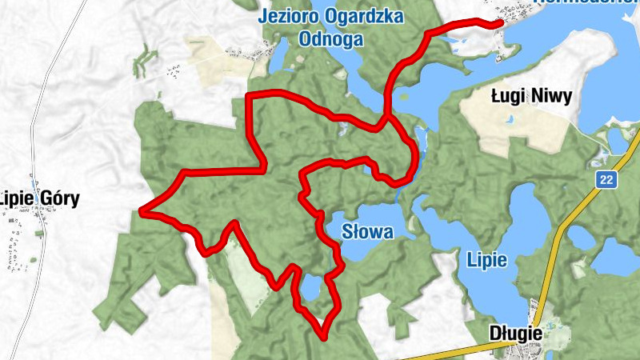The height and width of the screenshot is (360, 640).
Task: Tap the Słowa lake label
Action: tap(367, 233)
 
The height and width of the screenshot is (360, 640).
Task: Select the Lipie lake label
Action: tap(487, 260)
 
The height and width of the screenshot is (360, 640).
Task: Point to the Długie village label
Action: tap(515, 333)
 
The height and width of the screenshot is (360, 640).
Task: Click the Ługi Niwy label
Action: tap(531, 98)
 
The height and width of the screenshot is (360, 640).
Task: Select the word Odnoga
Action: tap(330, 38)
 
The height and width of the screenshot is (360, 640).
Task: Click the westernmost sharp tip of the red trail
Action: tap(142, 211)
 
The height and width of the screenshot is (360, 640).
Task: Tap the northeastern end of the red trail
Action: tap(501, 23)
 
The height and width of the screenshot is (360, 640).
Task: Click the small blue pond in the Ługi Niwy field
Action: tap(508, 120)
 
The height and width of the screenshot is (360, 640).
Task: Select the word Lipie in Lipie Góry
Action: tap(15, 199)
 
